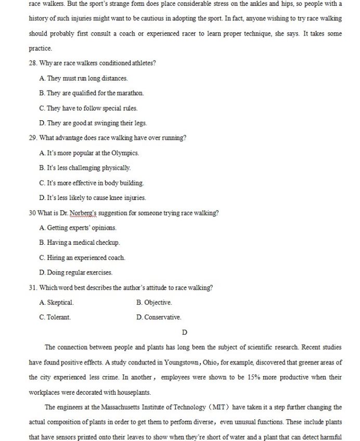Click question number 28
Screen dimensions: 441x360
[x=33, y=64]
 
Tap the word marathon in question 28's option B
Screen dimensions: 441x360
[x=130, y=94]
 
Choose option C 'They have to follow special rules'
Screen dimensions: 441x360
[x=88, y=109]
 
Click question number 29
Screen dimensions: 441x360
[x=33, y=138]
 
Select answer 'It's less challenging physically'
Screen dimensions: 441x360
[x=85, y=168]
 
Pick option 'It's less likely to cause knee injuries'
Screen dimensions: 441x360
[x=92, y=198]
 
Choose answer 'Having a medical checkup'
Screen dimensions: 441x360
[x=80, y=243]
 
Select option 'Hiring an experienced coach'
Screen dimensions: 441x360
[x=82, y=258]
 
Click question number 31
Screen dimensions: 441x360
[x=33, y=287]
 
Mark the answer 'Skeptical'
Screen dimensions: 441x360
[x=57, y=303]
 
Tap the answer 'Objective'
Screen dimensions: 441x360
[x=154, y=303]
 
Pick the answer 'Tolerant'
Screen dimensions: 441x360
[x=55, y=317]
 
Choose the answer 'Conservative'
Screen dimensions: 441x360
[x=159, y=317]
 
